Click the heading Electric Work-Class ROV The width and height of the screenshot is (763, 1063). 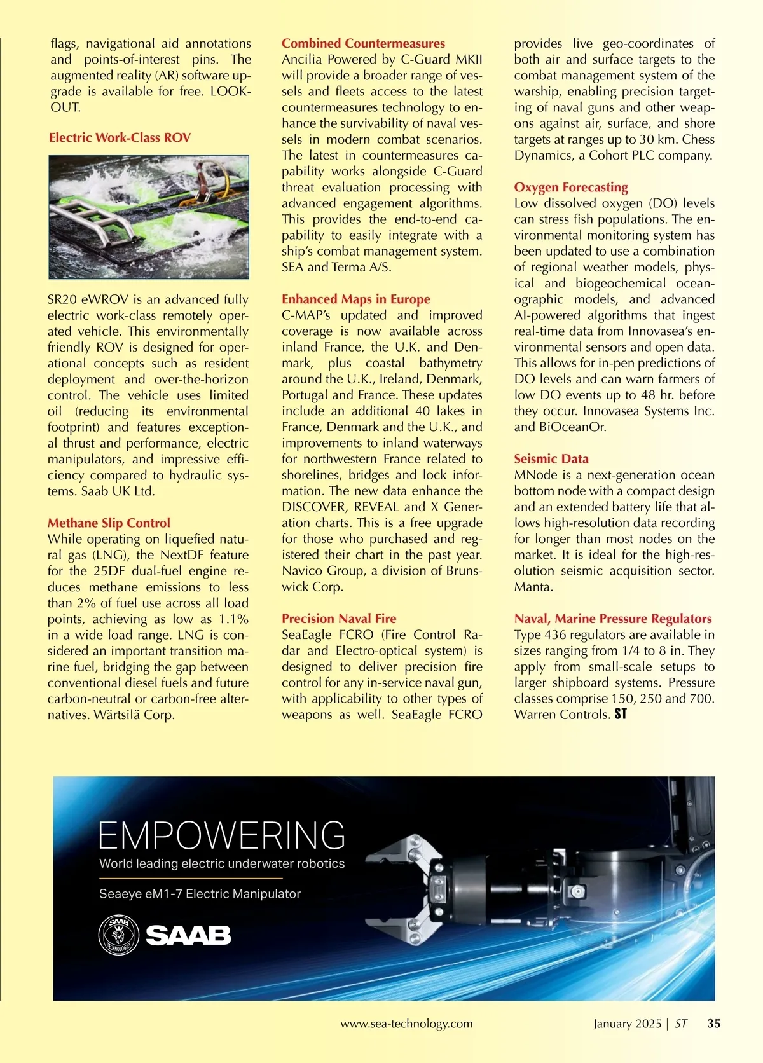(x=120, y=138)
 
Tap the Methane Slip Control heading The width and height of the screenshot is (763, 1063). (x=109, y=523)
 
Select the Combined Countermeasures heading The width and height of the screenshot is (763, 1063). (x=363, y=44)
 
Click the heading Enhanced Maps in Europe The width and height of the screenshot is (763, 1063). (x=356, y=299)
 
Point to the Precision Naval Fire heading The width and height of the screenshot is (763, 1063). (x=339, y=619)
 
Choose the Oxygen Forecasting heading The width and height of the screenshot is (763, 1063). (x=571, y=188)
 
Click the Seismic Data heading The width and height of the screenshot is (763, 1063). (x=551, y=459)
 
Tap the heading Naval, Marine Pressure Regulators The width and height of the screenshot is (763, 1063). (x=613, y=619)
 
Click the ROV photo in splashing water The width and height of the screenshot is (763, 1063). (x=149, y=217)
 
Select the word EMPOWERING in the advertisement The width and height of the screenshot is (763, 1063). (x=222, y=835)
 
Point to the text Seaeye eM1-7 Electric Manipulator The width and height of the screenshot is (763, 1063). (x=200, y=894)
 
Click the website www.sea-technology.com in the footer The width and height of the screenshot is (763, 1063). (x=406, y=1024)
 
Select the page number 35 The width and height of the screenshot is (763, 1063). (x=714, y=1024)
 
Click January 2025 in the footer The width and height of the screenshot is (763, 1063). (x=627, y=1024)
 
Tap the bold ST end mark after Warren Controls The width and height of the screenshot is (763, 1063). (x=621, y=715)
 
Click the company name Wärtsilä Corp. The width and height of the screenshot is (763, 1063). (x=134, y=715)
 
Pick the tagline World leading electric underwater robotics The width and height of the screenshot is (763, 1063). (x=222, y=864)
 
